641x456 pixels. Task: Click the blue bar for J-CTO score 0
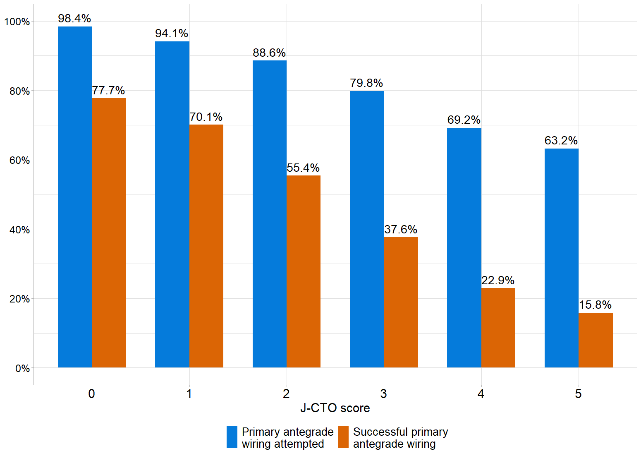click(75, 197)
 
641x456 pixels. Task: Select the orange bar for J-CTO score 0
click(109, 233)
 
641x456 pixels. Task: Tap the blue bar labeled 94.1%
click(172, 204)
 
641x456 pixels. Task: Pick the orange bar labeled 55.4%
click(304, 271)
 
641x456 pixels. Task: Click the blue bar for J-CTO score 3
click(367, 229)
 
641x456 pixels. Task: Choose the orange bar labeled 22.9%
click(498, 328)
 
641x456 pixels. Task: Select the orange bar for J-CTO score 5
click(596, 340)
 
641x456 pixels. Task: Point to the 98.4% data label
click(74, 19)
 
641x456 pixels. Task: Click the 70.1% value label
click(206, 117)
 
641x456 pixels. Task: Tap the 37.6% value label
click(401, 230)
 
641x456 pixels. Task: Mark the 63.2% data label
click(561, 141)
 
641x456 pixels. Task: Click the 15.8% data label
click(595, 305)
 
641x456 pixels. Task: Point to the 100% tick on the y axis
click(17, 22)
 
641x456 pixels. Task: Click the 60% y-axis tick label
click(19, 161)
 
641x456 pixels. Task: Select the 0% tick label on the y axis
click(22, 368)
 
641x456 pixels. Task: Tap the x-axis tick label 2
click(286, 394)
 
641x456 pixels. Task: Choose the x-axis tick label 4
click(481, 394)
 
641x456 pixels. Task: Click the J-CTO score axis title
click(335, 408)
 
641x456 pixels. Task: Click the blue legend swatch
click(232, 437)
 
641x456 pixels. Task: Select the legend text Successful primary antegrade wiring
click(400, 438)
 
